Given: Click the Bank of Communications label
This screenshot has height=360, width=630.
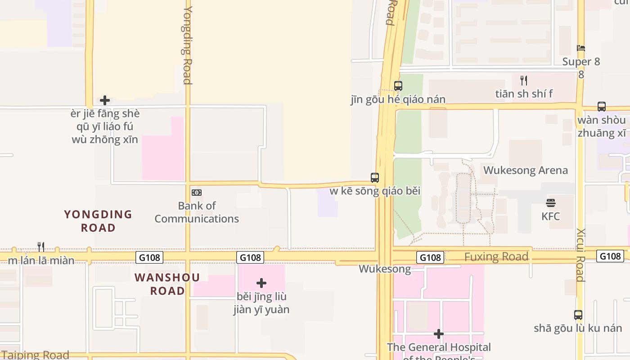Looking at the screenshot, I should (x=197, y=212).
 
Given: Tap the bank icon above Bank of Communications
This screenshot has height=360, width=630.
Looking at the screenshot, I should (x=197, y=193).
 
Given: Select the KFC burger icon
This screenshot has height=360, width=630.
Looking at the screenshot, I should (x=551, y=202).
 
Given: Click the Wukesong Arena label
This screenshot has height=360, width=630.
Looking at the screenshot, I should (x=525, y=171).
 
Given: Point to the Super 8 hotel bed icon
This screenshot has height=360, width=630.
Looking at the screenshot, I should (x=581, y=49).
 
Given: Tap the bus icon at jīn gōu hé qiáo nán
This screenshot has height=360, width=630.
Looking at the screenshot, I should (x=398, y=85).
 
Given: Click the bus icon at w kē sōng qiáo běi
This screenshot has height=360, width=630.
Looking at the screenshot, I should (x=375, y=178).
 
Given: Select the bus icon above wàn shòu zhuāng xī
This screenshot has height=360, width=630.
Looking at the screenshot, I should (x=602, y=107).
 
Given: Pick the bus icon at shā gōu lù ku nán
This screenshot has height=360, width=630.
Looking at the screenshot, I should (x=578, y=315).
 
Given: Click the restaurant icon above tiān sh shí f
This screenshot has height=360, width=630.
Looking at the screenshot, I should (x=524, y=81).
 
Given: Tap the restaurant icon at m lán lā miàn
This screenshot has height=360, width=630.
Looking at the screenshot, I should (x=41, y=247).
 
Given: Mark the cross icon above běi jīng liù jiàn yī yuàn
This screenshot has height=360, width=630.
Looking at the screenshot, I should (x=261, y=283).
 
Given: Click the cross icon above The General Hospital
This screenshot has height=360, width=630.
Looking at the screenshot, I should (x=439, y=334).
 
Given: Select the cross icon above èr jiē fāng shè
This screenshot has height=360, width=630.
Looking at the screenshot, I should (x=105, y=100).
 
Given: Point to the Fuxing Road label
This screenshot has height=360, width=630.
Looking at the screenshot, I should (x=496, y=257).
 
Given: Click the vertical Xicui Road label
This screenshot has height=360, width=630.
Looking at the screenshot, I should (x=580, y=255).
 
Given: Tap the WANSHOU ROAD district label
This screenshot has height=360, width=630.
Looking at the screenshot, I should (x=167, y=284).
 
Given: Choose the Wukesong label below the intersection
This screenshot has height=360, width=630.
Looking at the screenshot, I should (x=385, y=269).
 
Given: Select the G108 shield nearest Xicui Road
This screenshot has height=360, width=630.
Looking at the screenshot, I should (x=610, y=256).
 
